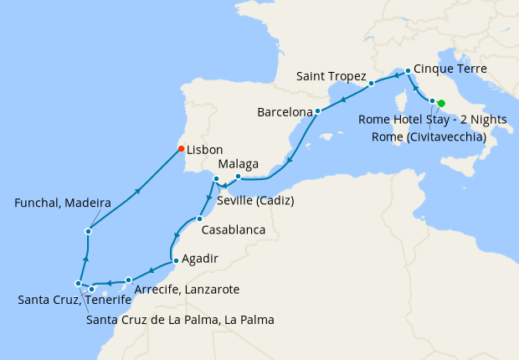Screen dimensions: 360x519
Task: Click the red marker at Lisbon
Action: [181, 149]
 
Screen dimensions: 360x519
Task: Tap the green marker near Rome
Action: [441, 104]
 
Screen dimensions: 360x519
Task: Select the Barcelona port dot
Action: [318, 111]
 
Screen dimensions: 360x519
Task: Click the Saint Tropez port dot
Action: [371, 84]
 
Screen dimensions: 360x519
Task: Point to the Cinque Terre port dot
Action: [408, 71]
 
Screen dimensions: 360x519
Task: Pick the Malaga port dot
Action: [238, 177]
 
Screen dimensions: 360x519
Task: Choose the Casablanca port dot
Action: [199, 219]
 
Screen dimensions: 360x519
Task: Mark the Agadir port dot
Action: [175, 261]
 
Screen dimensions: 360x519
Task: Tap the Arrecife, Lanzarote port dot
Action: [128, 280]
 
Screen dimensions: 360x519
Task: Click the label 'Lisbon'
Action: [205, 150]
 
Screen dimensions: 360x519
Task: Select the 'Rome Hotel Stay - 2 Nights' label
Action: [432, 120]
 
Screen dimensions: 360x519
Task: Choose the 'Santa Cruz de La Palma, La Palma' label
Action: [181, 319]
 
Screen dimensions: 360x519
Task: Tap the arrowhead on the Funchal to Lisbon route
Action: [136, 191]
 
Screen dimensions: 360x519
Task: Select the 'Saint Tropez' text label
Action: [331, 76]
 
